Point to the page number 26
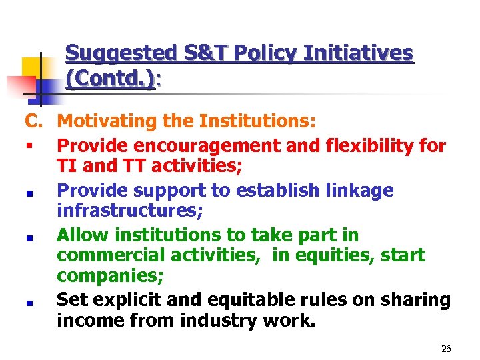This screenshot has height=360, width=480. coord(446,349)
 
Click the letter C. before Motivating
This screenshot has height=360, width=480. coord(34,122)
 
